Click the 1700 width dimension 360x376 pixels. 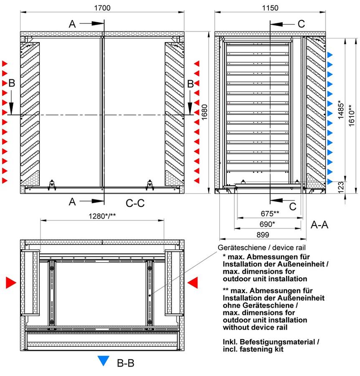click(102, 8)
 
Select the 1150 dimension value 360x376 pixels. click(270, 8)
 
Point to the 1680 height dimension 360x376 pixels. click(204, 112)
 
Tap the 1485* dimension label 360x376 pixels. click(341, 109)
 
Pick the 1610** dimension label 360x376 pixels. click(351, 115)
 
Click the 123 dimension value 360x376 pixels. click(341, 187)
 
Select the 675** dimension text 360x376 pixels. click(270, 213)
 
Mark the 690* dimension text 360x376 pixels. click(267, 224)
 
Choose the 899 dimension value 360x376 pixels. click(263, 235)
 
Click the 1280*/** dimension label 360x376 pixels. click(102, 216)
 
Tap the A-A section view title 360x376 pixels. click(319, 225)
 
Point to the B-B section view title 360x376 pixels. click(126, 363)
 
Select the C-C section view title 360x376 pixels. click(135, 203)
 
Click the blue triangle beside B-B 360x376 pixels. click(104, 361)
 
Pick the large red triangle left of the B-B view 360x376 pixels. click(11, 283)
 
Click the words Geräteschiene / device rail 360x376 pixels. click(261, 247)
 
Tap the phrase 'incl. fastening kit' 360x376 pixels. click(253, 349)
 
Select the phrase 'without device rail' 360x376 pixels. click(255, 327)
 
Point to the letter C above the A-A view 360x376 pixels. click(301, 24)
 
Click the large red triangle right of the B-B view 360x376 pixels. click(193, 283)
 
